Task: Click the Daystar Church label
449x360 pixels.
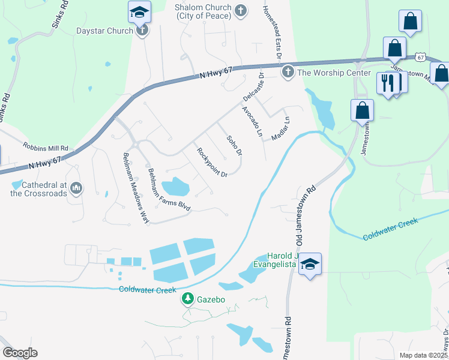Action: pyautogui.click(x=104, y=31)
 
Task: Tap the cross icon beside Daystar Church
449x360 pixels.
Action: pyautogui.click(x=142, y=30)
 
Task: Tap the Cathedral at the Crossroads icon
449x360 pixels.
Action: pyautogui.click(x=76, y=189)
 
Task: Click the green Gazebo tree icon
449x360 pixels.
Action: pyautogui.click(x=188, y=298)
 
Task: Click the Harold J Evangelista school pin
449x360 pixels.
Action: pyautogui.click(x=310, y=264)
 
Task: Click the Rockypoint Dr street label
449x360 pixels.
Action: pyautogui.click(x=212, y=162)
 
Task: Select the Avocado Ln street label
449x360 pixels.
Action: pyautogui.click(x=252, y=121)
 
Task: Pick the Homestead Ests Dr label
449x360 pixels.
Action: pyautogui.click(x=271, y=31)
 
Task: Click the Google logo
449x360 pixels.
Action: pyautogui.click(x=20, y=353)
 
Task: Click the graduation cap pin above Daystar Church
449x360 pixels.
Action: pyautogui.click(x=139, y=11)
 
